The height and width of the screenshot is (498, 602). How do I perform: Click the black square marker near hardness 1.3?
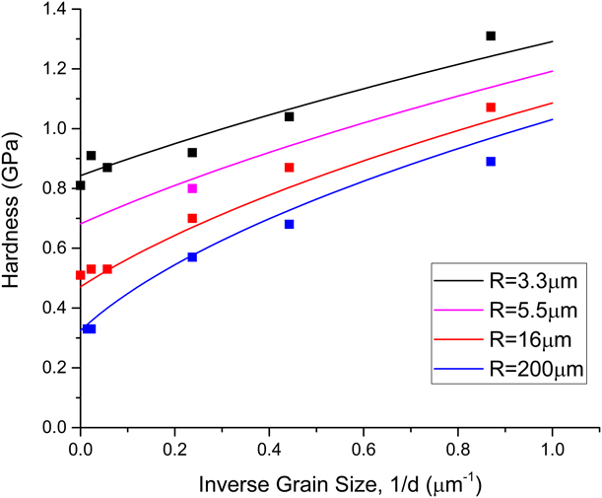(x=491, y=36)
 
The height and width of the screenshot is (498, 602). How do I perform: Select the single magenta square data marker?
(x=192, y=188)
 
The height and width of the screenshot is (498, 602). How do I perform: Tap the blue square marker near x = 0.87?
(x=491, y=161)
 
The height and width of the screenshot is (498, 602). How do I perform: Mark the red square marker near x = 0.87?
(x=491, y=107)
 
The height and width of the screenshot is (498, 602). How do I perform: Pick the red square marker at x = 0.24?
(x=192, y=218)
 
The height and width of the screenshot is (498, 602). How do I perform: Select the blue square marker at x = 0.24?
(x=192, y=256)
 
